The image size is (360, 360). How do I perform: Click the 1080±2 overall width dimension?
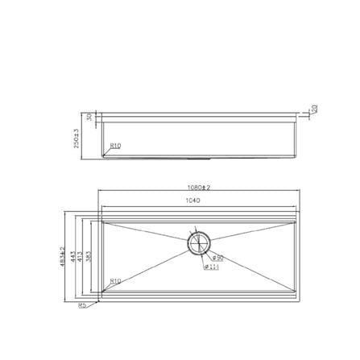(x=197, y=187)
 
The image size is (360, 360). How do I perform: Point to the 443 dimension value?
(x=74, y=254)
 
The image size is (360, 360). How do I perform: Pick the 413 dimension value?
(x=81, y=254)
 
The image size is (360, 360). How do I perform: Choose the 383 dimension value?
(x=89, y=254)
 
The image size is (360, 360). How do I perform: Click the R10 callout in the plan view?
(x=114, y=281)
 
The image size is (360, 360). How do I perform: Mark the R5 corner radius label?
(x=83, y=306)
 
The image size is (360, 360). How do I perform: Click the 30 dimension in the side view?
(x=89, y=118)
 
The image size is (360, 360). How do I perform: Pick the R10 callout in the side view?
(x=116, y=146)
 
